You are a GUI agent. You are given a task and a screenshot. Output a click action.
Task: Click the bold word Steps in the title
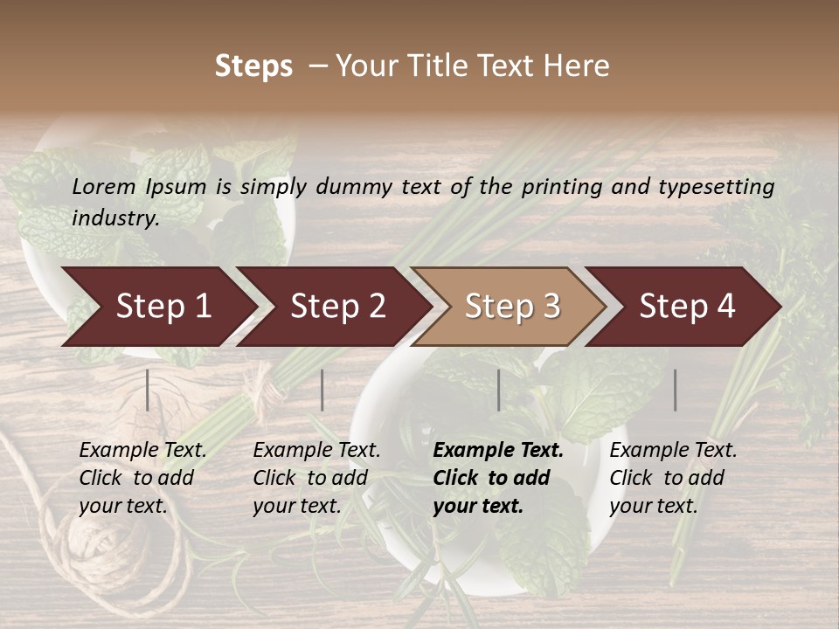pos(253,66)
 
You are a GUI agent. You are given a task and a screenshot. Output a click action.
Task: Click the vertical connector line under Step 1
pos(148,390)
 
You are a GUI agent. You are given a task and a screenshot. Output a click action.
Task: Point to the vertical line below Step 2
pos(322,390)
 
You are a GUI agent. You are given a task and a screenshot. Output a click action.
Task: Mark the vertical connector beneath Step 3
pos(499,390)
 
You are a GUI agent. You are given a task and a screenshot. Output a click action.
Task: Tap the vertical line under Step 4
pos(676,390)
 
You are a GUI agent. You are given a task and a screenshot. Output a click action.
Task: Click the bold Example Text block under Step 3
pos(498,478)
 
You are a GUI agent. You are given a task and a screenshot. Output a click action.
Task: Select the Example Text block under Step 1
pos(142,478)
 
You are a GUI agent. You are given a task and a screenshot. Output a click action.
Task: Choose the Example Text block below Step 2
pos(316,478)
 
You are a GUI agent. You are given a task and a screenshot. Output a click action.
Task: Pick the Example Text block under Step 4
pos(673,478)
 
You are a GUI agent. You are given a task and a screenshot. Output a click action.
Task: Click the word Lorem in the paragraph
pos(104,186)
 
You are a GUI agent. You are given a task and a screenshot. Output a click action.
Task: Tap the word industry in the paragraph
pos(114,218)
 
